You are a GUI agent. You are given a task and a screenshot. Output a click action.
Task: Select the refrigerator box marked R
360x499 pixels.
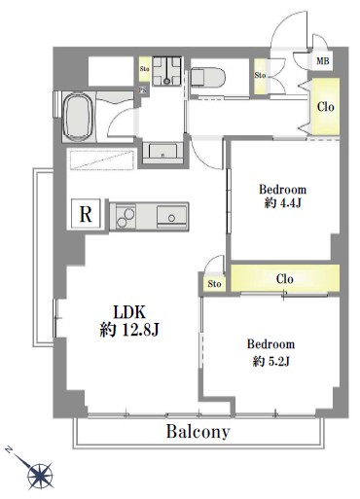click(x=86, y=214)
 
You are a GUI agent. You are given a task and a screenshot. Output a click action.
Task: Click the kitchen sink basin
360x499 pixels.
click(x=172, y=217)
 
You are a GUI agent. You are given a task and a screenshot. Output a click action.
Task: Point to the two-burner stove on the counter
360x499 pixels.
click(x=125, y=216)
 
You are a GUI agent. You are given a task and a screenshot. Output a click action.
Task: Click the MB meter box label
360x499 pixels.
click(x=322, y=60)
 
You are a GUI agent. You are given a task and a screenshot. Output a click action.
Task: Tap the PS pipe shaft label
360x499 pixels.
click(x=143, y=90)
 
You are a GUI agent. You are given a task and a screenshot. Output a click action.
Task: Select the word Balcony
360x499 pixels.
click(x=198, y=432)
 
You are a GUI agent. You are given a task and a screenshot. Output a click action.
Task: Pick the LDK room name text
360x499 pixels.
click(x=128, y=312)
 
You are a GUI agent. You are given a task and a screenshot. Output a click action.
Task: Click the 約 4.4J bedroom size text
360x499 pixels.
click(x=283, y=202)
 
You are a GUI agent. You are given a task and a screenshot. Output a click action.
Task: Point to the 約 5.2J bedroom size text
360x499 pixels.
click(x=270, y=361)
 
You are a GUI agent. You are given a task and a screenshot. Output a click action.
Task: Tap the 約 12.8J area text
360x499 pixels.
click(x=129, y=331)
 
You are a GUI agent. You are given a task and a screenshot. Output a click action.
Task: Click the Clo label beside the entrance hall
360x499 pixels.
click(x=325, y=106)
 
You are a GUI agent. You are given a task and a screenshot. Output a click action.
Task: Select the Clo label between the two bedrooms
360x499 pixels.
click(x=285, y=279)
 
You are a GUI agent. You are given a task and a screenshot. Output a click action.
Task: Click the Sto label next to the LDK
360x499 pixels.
click(x=214, y=284)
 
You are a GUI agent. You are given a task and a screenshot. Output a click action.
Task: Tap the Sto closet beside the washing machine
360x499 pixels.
click(x=145, y=69)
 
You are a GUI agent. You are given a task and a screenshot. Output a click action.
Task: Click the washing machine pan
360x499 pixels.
click(x=166, y=71)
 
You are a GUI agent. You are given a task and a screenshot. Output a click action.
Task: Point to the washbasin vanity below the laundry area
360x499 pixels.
click(x=162, y=151)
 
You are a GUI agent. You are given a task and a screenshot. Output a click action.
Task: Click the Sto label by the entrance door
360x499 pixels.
click(x=260, y=75)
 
